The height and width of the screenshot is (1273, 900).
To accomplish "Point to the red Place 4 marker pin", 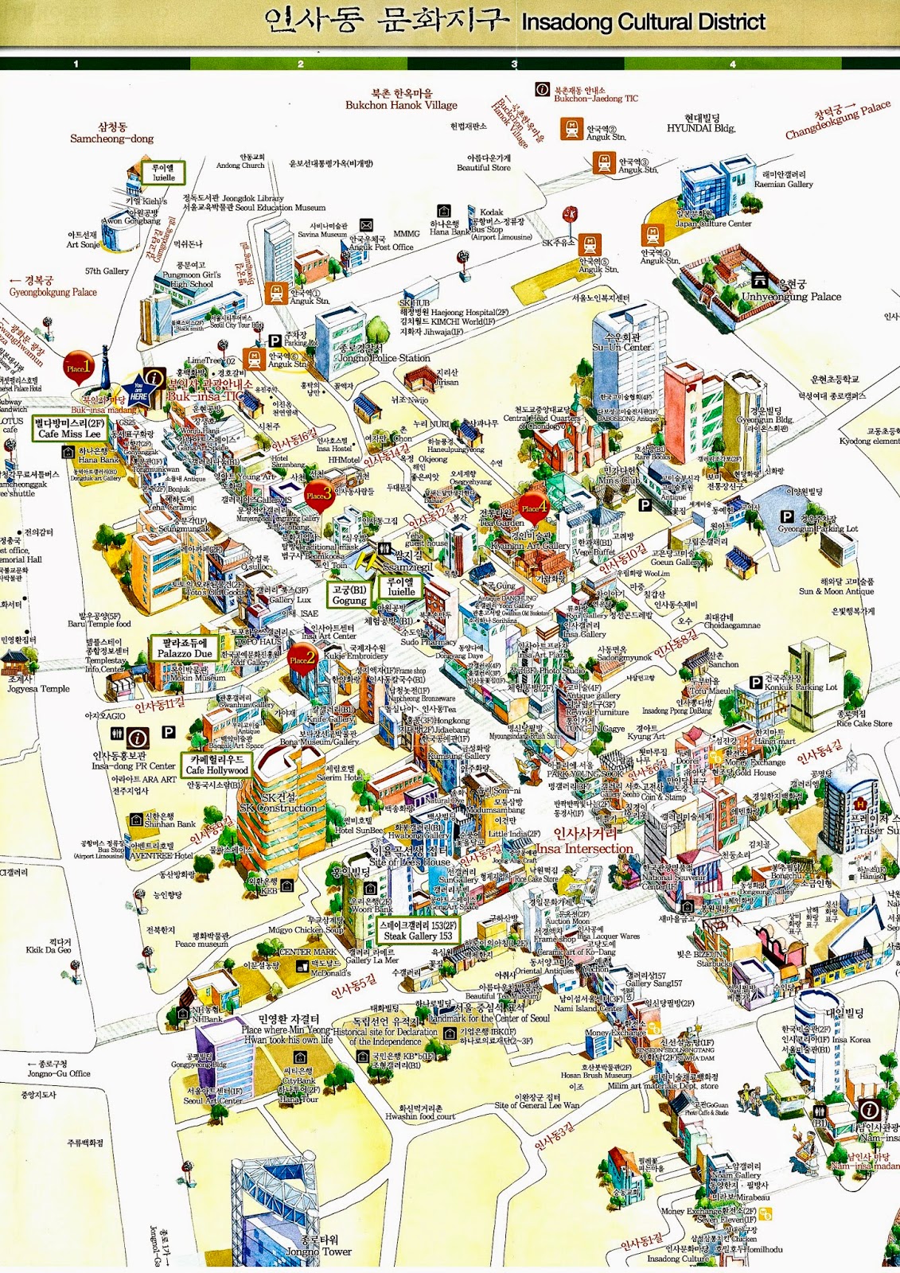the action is [534, 508].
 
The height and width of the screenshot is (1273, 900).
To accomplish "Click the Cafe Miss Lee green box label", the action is [70, 429].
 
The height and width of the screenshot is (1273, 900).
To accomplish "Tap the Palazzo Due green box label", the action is [185, 648].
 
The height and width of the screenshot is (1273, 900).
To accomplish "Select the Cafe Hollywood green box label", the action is [216, 765].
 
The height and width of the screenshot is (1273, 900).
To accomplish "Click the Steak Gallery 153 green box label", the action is [419, 930].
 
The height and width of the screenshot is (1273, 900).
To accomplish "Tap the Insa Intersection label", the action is [585, 848].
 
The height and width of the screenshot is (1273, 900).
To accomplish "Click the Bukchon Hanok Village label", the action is [401, 104].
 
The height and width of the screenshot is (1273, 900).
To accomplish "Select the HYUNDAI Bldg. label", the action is [701, 127].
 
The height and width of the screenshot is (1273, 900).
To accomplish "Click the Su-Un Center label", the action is [621, 347].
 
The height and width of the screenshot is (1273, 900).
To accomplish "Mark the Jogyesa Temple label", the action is [39, 689].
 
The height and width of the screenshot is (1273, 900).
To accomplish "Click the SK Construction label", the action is [278, 808].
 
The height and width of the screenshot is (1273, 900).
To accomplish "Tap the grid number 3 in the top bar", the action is [514, 64].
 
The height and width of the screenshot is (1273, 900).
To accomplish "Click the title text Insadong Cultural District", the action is [643, 22].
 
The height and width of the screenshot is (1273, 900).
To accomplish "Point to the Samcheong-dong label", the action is [112, 138].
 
